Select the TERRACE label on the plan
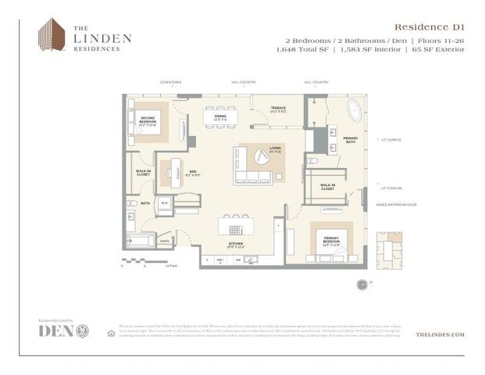[x=278, y=109]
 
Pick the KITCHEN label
[x=236, y=245]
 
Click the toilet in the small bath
[x=132, y=204]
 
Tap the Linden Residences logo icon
[x=52, y=35]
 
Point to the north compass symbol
[x=362, y=284]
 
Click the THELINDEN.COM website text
[x=440, y=334]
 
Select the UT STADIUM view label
[x=390, y=188]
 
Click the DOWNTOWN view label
[x=170, y=82]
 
